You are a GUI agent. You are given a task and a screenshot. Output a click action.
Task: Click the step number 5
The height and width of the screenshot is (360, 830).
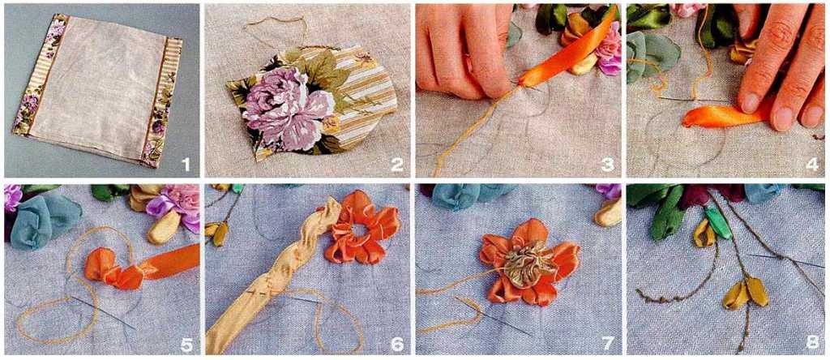click(186, 345)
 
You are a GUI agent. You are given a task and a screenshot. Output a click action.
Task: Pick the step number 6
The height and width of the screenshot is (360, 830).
click(397, 345)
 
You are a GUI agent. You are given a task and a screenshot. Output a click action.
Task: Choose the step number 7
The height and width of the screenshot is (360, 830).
click(608, 345)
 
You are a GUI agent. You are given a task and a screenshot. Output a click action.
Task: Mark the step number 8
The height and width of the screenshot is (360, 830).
click(812, 342)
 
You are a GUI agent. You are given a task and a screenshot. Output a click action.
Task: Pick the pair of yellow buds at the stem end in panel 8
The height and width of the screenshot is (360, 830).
click(747, 293)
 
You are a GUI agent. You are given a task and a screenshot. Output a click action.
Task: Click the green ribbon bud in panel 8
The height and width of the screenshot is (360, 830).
click(717, 222)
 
